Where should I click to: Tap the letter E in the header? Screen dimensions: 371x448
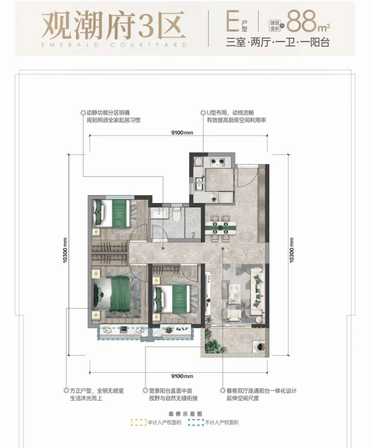point(233,22)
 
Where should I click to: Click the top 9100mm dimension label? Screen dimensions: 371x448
point(182,132)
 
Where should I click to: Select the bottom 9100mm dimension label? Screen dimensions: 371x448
point(182,376)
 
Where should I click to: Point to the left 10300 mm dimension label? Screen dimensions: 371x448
point(65,250)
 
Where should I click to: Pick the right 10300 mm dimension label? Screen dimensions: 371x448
point(292,250)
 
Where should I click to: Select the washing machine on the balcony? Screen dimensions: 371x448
point(259,347)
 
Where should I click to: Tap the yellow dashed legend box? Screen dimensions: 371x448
point(138,422)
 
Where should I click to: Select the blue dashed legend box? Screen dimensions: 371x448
point(196,422)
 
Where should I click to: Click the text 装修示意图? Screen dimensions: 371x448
point(185,414)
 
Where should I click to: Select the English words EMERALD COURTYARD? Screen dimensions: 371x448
point(114,45)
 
